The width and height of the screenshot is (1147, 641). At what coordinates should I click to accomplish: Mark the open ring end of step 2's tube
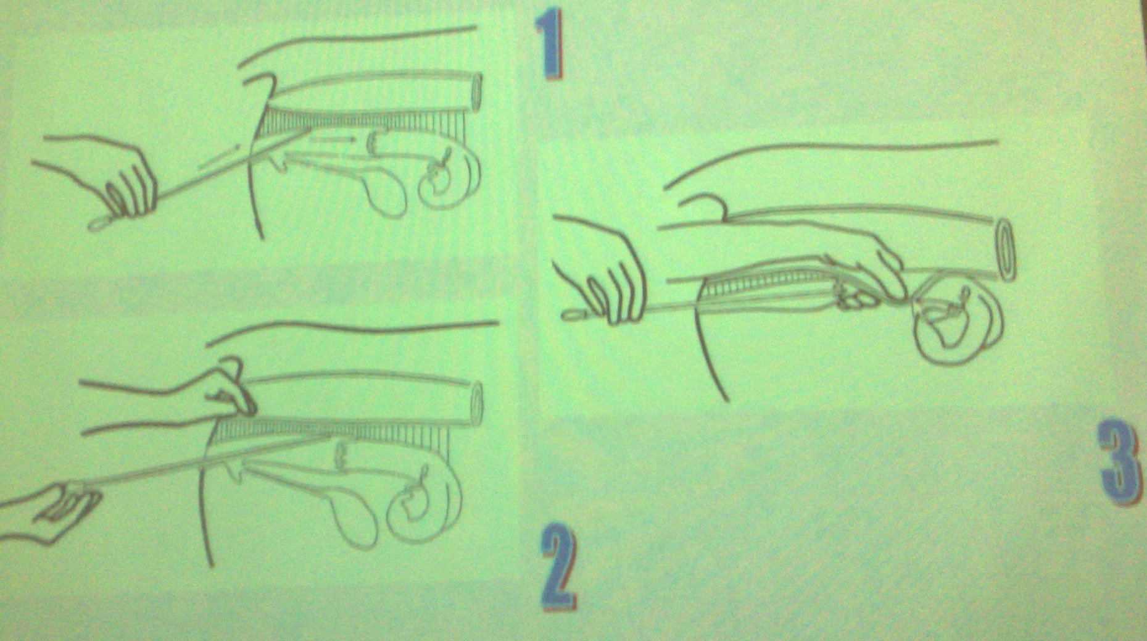point(477,405)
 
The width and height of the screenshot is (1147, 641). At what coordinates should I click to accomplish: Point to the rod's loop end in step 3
point(574,316)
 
